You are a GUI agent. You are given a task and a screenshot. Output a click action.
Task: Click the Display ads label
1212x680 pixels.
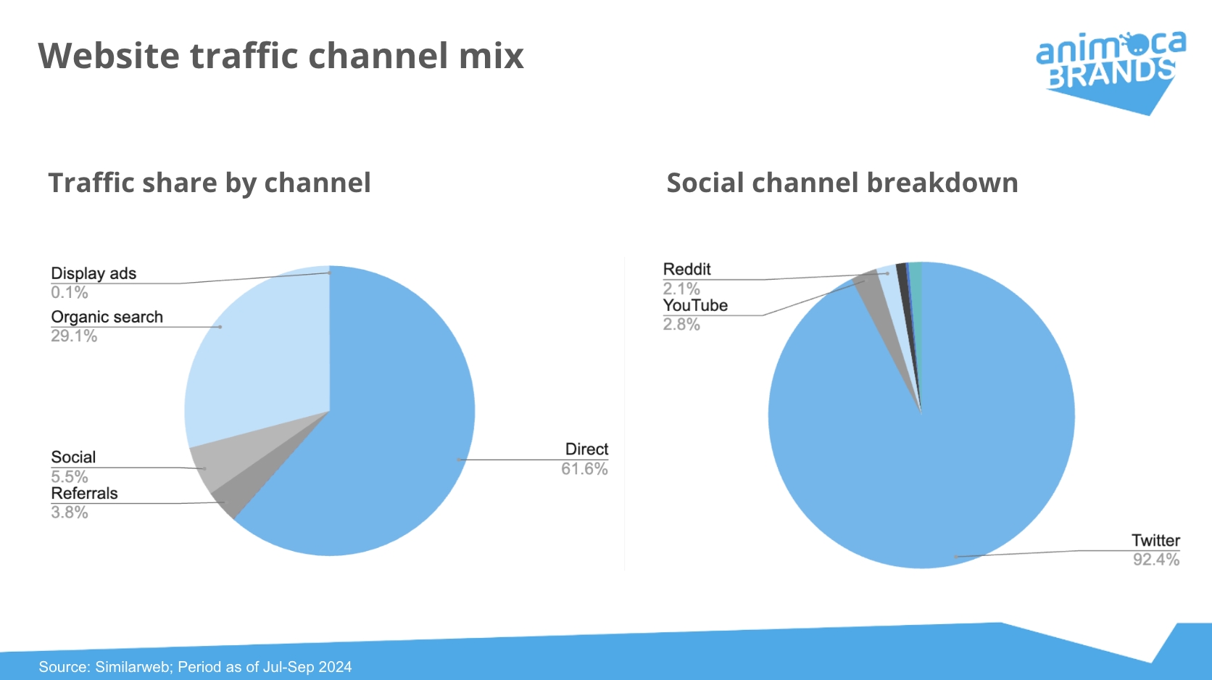coord(94,274)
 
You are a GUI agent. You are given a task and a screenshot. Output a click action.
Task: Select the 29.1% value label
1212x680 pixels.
coord(74,336)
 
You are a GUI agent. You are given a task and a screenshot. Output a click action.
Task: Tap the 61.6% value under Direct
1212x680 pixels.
coord(584,468)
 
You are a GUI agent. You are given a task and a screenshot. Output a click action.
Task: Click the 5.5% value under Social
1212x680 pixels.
coord(70,476)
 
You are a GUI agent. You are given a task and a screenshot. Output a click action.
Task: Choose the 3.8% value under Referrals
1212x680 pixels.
coord(70,512)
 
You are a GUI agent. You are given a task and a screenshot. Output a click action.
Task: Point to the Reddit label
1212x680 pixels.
coord(686,269)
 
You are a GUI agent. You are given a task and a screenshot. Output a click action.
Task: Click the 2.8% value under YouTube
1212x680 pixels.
coord(681,324)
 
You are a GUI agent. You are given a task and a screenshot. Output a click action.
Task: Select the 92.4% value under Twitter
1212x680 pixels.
coord(1156,560)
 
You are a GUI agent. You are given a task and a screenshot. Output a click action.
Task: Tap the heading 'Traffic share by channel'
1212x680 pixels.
coord(210,183)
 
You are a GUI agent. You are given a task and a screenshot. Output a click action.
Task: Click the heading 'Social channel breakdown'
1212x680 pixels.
coord(842,182)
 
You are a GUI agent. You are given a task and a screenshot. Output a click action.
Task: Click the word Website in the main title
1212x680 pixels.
coord(109,56)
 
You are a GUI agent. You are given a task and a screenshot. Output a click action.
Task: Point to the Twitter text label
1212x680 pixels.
coord(1155,540)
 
